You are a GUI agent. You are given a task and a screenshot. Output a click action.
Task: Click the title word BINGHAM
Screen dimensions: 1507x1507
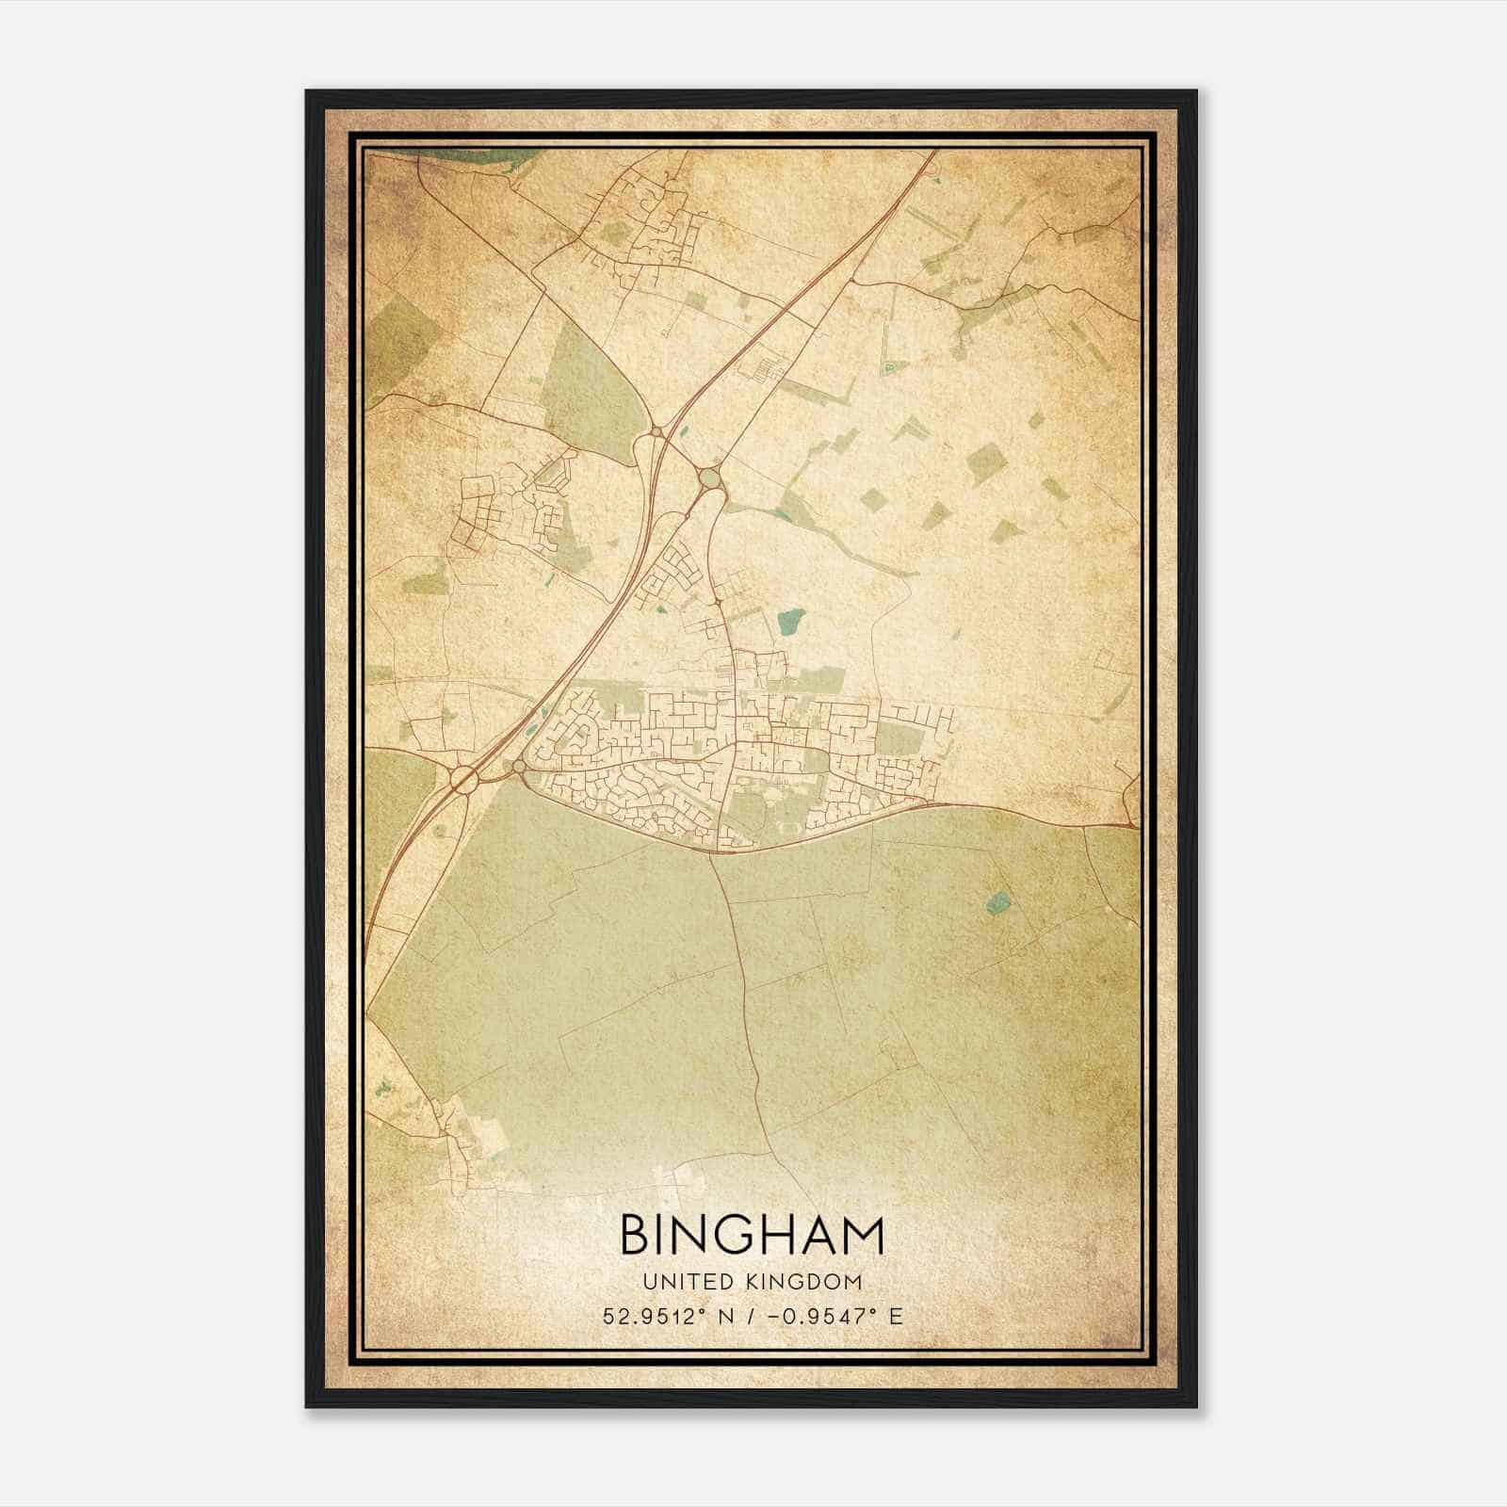click(x=752, y=1236)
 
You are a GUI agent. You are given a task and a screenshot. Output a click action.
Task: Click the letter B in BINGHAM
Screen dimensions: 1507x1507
click(x=634, y=1236)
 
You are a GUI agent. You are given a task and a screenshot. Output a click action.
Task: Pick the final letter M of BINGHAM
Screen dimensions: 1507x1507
click(x=864, y=1236)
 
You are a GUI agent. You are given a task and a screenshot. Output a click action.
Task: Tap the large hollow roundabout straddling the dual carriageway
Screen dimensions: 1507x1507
click(x=463, y=778)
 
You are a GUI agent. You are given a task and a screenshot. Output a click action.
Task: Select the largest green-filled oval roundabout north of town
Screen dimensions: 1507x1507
click(x=709, y=479)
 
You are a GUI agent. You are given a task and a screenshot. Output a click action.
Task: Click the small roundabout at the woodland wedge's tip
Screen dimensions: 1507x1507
click(x=656, y=432)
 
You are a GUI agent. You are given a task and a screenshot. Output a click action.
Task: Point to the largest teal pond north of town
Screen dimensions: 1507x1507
click(x=792, y=620)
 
